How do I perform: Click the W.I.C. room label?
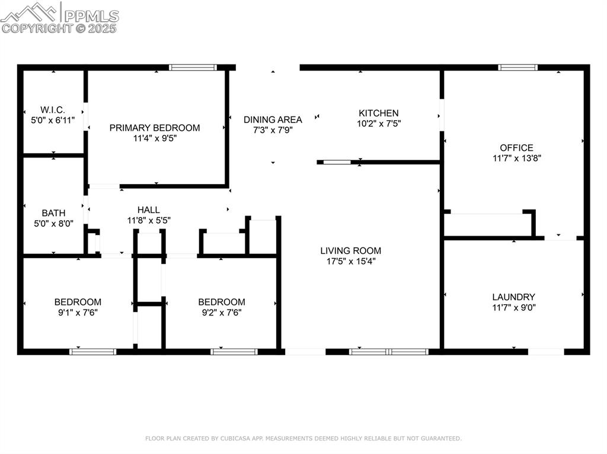tap(53, 110)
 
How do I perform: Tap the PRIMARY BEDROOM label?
tap(155, 128)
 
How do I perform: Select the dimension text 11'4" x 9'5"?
tap(155, 139)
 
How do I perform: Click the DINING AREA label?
tap(273, 120)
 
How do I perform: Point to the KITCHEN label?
tap(379, 113)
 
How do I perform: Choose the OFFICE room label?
tap(516, 148)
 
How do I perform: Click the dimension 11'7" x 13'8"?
tap(516, 158)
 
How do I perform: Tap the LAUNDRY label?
tap(513, 297)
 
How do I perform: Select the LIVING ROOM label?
tap(350, 250)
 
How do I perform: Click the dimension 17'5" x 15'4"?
tap(350, 261)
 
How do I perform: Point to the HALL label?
tap(148, 210)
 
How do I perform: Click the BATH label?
tap(53, 213)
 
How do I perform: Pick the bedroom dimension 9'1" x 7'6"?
tap(78, 313)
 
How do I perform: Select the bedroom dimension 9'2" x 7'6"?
tap(221, 313)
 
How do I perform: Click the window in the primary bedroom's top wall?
tap(193, 67)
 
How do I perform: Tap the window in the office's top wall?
tap(518, 67)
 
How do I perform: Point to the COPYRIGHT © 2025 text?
tap(59, 28)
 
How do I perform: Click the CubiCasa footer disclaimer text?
tap(303, 439)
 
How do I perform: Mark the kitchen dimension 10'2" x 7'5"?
tap(379, 124)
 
